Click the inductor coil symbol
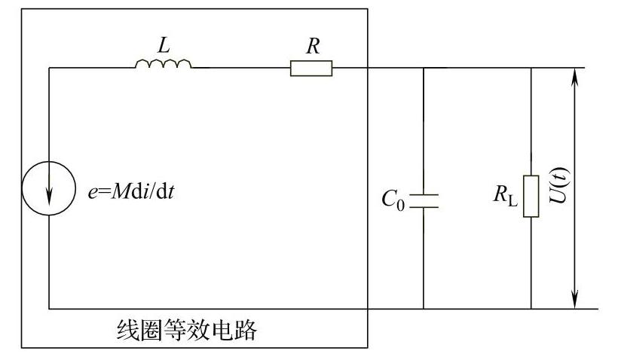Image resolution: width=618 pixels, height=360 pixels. (163, 65)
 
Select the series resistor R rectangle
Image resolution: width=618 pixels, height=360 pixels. (311, 69)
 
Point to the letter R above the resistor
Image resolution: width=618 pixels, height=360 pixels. (311, 45)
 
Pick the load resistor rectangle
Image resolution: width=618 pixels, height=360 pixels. (531, 196)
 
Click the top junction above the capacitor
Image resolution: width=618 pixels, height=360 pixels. (424, 68)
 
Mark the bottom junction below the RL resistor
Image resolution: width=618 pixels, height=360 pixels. (531, 309)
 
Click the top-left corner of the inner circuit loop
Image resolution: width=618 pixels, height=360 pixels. (49, 68)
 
